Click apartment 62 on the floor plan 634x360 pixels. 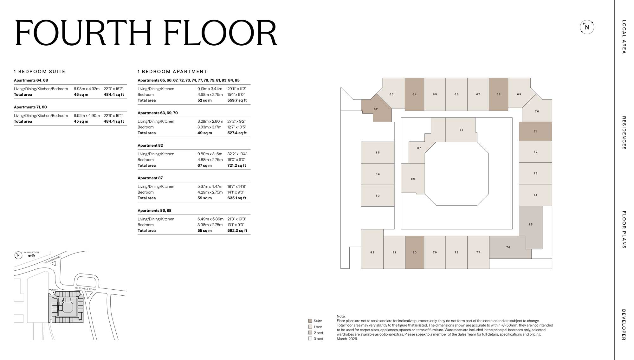click(x=376, y=109)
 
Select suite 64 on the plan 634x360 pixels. click(x=414, y=94)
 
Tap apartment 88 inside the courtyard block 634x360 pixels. click(x=461, y=130)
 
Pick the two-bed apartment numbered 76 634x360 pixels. click(x=508, y=248)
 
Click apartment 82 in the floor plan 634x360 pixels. click(x=372, y=253)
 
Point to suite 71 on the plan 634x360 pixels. click(x=535, y=131)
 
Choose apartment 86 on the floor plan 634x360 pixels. click(x=413, y=179)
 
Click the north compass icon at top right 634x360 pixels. click(x=587, y=27)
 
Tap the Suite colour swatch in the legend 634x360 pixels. click(x=310, y=321)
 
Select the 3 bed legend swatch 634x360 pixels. click(x=310, y=338)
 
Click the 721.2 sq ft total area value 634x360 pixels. click(x=236, y=165)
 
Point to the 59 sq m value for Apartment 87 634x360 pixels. click(x=204, y=198)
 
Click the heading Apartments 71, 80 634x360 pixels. click(x=30, y=107)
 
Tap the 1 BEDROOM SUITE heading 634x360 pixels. click(x=40, y=72)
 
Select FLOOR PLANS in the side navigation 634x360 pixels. click(x=624, y=229)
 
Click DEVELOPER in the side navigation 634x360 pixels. click(x=624, y=325)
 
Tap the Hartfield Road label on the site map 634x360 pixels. click(x=86, y=289)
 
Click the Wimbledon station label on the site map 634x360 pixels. click(x=31, y=253)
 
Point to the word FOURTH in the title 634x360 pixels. click(x=83, y=33)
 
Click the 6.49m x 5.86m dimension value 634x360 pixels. click(x=210, y=219)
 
